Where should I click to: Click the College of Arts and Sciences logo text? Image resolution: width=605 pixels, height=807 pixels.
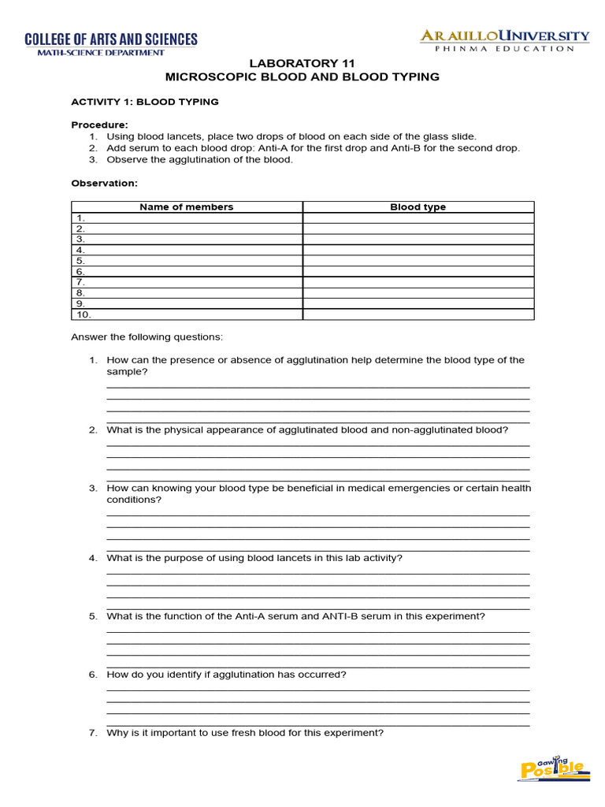111,39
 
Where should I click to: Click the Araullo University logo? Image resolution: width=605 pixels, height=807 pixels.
504,40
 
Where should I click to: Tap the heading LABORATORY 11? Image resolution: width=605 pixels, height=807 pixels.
302,63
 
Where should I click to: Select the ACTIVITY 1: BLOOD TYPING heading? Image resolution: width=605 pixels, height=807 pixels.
145,102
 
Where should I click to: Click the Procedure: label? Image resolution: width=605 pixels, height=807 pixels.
99,125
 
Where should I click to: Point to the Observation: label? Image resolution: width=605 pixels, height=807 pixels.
104,183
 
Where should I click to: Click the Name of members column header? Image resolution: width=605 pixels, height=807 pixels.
187,207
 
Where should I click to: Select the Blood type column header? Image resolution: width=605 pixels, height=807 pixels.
418,207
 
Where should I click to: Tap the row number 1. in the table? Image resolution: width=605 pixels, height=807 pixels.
80,218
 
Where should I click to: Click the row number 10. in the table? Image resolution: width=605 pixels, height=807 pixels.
83,314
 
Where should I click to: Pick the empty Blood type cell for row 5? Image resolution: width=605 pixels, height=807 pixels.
418,260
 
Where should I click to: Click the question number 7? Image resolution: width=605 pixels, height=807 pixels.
93,733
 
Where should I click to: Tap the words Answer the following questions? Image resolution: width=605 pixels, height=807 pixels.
147,337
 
